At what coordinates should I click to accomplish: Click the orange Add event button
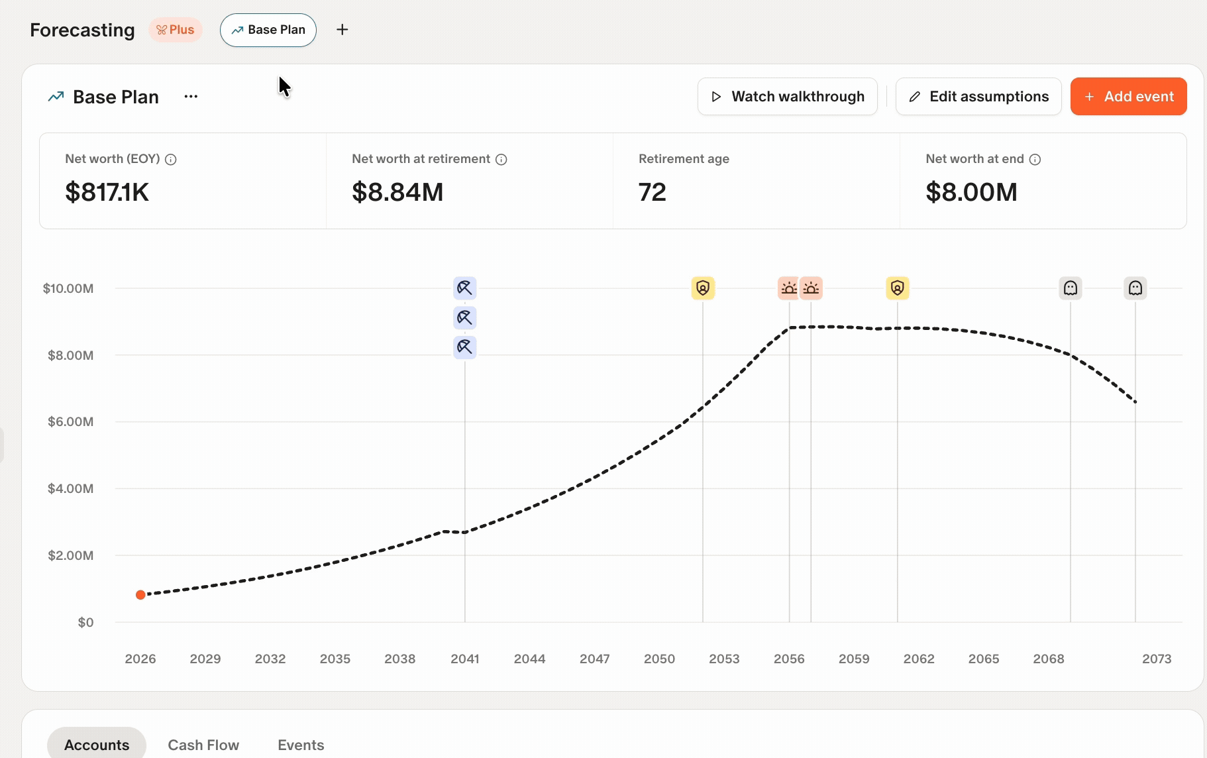(x=1128, y=97)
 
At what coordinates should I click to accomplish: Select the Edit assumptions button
(x=978, y=97)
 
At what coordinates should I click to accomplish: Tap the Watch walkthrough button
(x=787, y=97)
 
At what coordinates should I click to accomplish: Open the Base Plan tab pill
(x=268, y=30)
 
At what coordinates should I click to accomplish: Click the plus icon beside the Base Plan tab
(x=342, y=30)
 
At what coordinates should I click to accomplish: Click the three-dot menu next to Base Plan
(x=191, y=97)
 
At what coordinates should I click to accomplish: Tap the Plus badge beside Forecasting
(x=176, y=30)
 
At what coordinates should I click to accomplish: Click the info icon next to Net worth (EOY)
(x=171, y=160)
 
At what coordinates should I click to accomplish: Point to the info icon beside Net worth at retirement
(x=501, y=160)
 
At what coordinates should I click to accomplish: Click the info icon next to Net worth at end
(x=1035, y=160)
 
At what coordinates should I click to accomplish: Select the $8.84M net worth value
(x=397, y=192)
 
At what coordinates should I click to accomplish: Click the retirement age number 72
(x=653, y=192)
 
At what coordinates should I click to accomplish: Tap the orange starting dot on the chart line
(x=140, y=595)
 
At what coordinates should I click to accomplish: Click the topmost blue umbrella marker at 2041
(x=465, y=288)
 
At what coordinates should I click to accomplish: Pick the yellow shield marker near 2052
(x=703, y=288)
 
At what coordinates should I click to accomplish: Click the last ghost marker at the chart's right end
(x=1135, y=288)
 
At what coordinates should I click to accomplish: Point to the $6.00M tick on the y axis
(x=71, y=422)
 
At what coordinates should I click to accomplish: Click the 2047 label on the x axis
(x=595, y=659)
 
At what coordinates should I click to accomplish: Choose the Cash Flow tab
(x=203, y=745)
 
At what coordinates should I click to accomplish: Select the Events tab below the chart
(x=301, y=745)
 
